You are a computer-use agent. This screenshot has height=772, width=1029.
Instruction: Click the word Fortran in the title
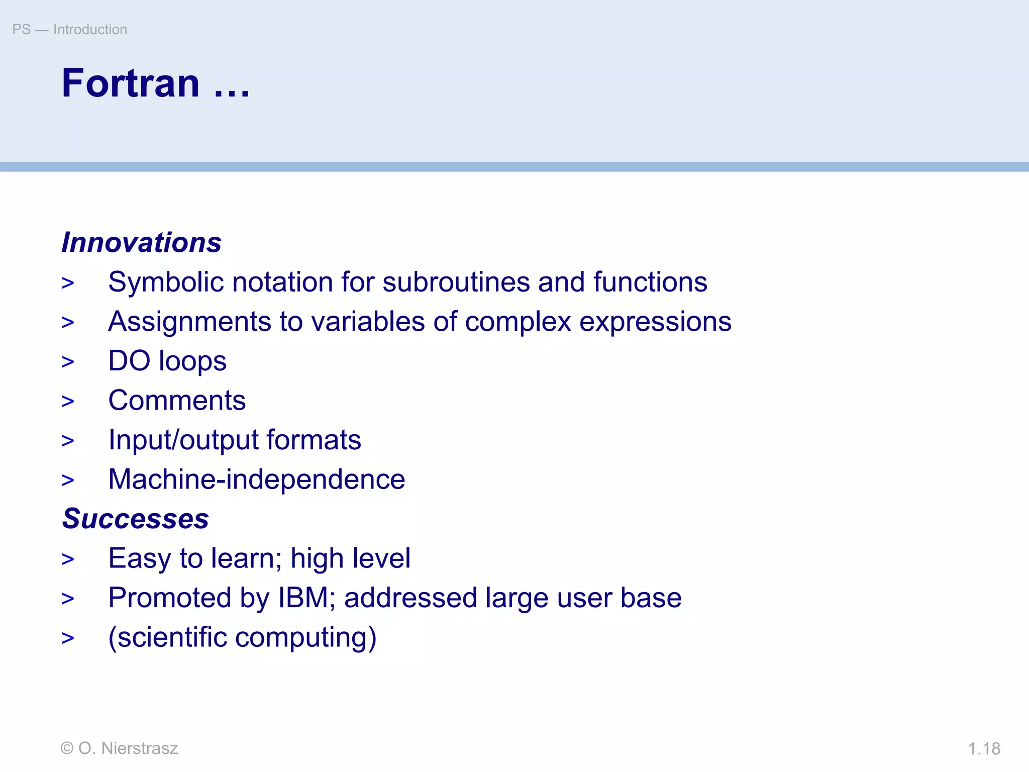131,83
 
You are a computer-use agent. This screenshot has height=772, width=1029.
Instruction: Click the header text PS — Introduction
69,30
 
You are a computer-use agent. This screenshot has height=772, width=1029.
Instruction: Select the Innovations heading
141,242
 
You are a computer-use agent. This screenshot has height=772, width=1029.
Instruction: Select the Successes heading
135,519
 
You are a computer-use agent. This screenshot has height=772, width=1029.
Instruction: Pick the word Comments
177,401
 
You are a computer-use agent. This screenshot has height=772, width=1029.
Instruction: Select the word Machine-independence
256,479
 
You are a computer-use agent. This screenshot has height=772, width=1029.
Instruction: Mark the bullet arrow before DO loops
68,362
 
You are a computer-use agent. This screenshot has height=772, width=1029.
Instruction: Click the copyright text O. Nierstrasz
128,748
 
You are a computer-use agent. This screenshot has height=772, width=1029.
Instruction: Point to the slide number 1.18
984,749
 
